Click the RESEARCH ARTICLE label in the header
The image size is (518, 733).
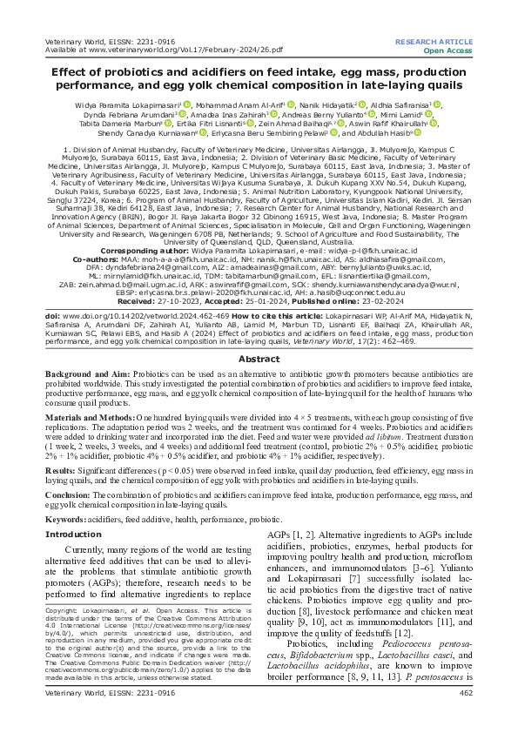point(433,42)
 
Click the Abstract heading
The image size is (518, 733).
point(259,359)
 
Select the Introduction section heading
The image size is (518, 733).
point(73,534)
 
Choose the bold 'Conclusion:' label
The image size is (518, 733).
point(70,494)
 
